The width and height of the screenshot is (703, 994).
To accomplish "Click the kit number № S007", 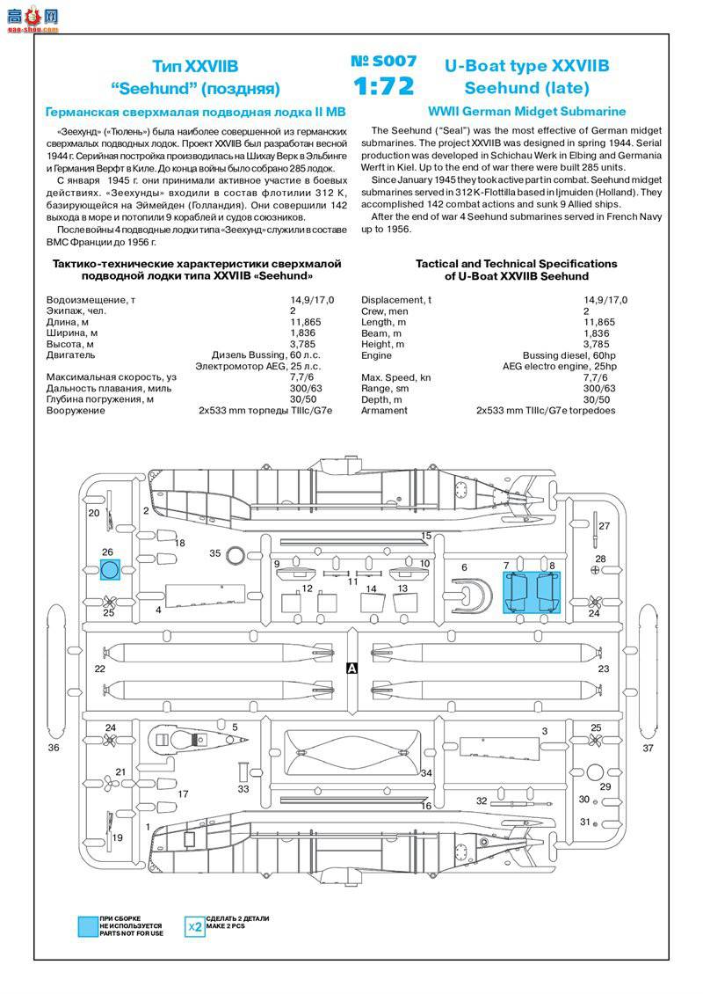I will [x=384, y=62].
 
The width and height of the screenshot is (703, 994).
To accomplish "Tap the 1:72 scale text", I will [x=384, y=86].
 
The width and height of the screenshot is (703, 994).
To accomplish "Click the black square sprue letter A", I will [x=352, y=669].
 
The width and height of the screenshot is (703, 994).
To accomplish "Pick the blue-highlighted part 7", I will [x=518, y=591].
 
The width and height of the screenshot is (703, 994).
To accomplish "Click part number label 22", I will [x=99, y=669].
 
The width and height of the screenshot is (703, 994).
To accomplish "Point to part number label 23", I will [x=603, y=669].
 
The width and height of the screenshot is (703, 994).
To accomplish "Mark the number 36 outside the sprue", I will [x=54, y=748].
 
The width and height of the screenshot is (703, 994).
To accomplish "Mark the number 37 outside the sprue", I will [x=649, y=749].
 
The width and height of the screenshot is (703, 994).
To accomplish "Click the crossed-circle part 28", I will [x=597, y=571].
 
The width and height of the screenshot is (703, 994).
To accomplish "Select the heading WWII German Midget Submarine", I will [x=527, y=112].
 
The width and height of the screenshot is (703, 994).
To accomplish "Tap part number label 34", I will [x=426, y=774].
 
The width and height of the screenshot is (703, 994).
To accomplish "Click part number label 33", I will [x=243, y=789].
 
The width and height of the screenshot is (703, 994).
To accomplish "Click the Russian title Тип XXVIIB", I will [x=195, y=66].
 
